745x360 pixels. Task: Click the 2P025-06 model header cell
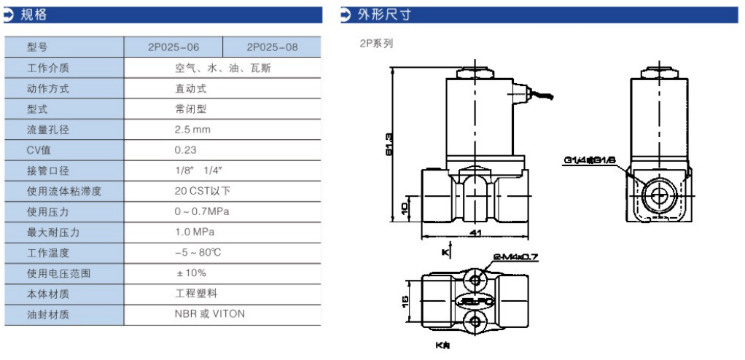point(173,47)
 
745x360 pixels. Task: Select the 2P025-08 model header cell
point(272,47)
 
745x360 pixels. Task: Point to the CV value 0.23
point(185,150)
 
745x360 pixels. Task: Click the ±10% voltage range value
point(190,273)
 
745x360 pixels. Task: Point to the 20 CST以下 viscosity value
point(202,191)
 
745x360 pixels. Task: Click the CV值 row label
point(39,150)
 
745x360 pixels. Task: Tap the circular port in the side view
point(655,195)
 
